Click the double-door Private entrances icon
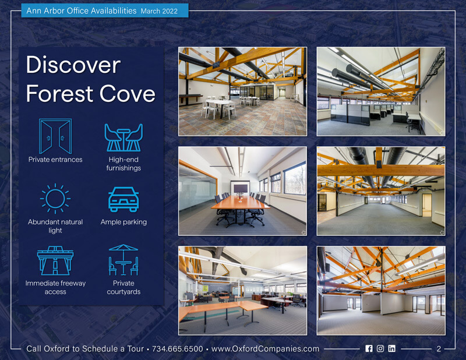click(x=55, y=136)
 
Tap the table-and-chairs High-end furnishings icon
click(x=123, y=137)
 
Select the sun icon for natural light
click(x=55, y=199)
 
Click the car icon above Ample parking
click(x=123, y=199)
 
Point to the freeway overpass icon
click(x=55, y=261)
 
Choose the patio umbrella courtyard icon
click(x=123, y=260)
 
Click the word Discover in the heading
click(x=73, y=65)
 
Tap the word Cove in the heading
click(x=127, y=93)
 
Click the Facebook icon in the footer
click(x=369, y=348)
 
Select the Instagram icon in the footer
click(x=380, y=348)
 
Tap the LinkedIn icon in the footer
click(x=391, y=348)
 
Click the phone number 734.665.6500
click(x=178, y=349)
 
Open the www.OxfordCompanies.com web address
click(x=265, y=349)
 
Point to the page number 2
click(x=439, y=349)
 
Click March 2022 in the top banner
click(x=159, y=11)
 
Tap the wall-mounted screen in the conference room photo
click(x=241, y=189)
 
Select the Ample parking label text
click(x=123, y=222)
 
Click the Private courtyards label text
click(x=123, y=287)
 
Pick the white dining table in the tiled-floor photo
click(x=220, y=103)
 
